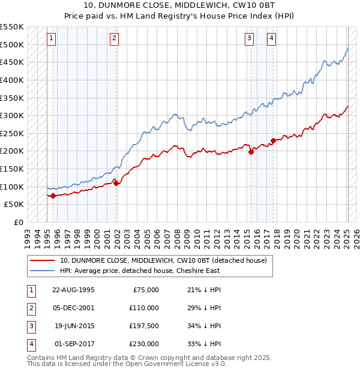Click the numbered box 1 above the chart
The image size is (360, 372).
[x=51, y=39]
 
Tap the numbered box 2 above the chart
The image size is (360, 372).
[x=114, y=39]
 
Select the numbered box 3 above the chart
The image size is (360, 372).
[x=249, y=39]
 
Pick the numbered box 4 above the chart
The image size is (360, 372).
[x=272, y=39]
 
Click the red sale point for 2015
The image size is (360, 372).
[x=251, y=152]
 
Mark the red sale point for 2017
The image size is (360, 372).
[x=273, y=140]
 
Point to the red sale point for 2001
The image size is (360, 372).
[x=116, y=183]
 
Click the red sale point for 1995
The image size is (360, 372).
[x=53, y=195]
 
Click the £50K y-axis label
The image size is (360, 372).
[x=15, y=205]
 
